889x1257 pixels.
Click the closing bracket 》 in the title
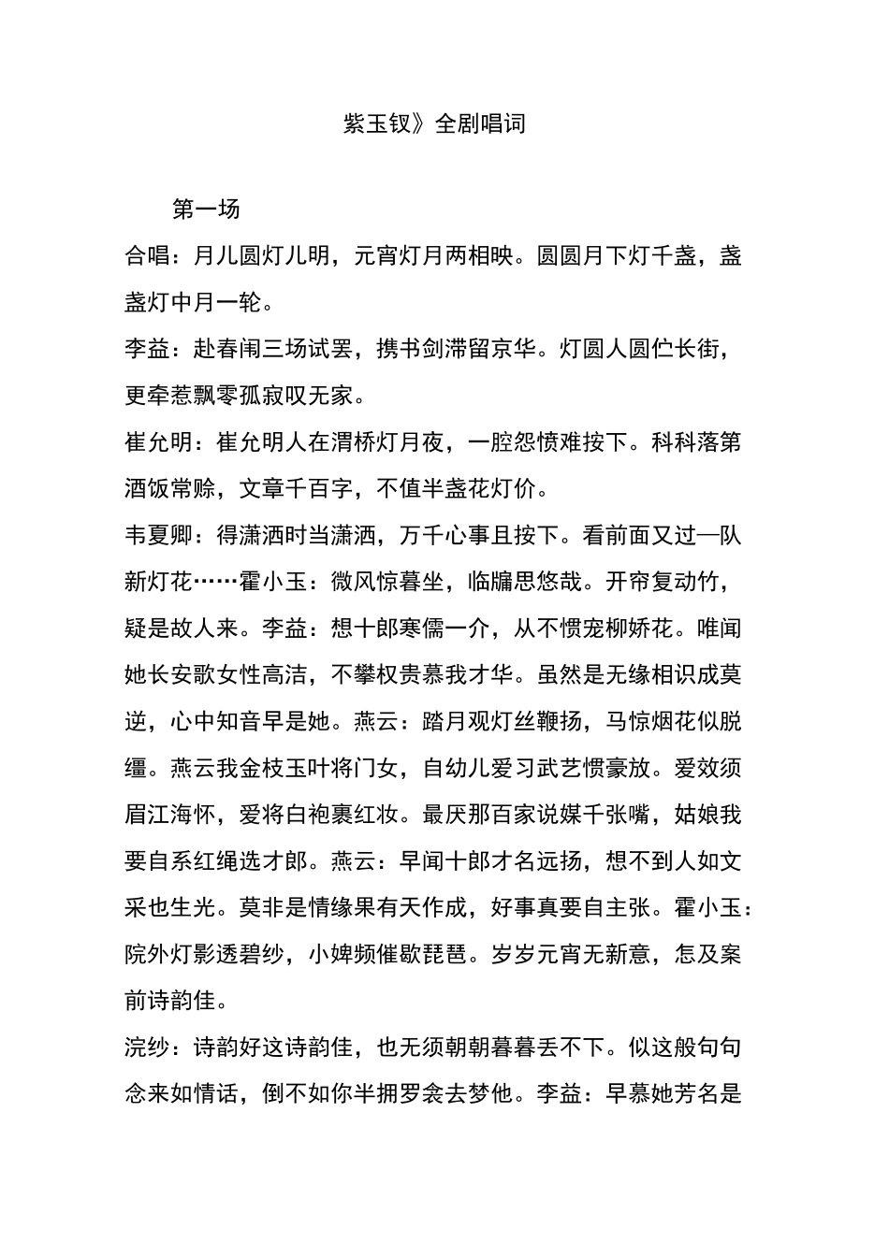point(423,124)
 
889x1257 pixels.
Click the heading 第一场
point(206,209)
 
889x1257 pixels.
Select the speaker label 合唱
point(147,256)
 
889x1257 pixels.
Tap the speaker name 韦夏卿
point(158,536)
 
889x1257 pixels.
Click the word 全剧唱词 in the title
point(481,124)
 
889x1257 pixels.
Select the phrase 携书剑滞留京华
point(458,350)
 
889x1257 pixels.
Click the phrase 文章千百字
point(296,489)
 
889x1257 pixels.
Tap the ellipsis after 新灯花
point(216,583)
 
